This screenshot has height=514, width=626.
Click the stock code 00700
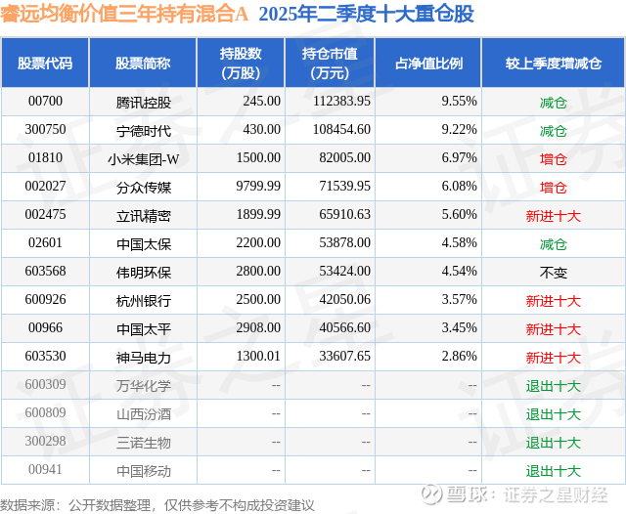pos(45,102)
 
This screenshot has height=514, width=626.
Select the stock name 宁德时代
pos(143,130)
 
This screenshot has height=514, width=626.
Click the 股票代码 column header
pos(45,64)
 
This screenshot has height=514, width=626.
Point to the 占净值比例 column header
pos(428,64)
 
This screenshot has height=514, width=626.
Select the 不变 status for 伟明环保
pos(554,272)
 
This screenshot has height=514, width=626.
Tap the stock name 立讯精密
pos(143,215)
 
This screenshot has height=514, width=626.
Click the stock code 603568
pos(45,272)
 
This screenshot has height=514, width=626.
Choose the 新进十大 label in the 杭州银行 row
pos(554,300)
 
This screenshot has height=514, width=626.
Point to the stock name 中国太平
pos(143,328)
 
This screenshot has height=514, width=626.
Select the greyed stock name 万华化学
pos(143,385)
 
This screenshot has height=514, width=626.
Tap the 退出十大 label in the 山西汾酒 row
pos(554,413)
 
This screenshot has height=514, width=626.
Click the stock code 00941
pos(45,470)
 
